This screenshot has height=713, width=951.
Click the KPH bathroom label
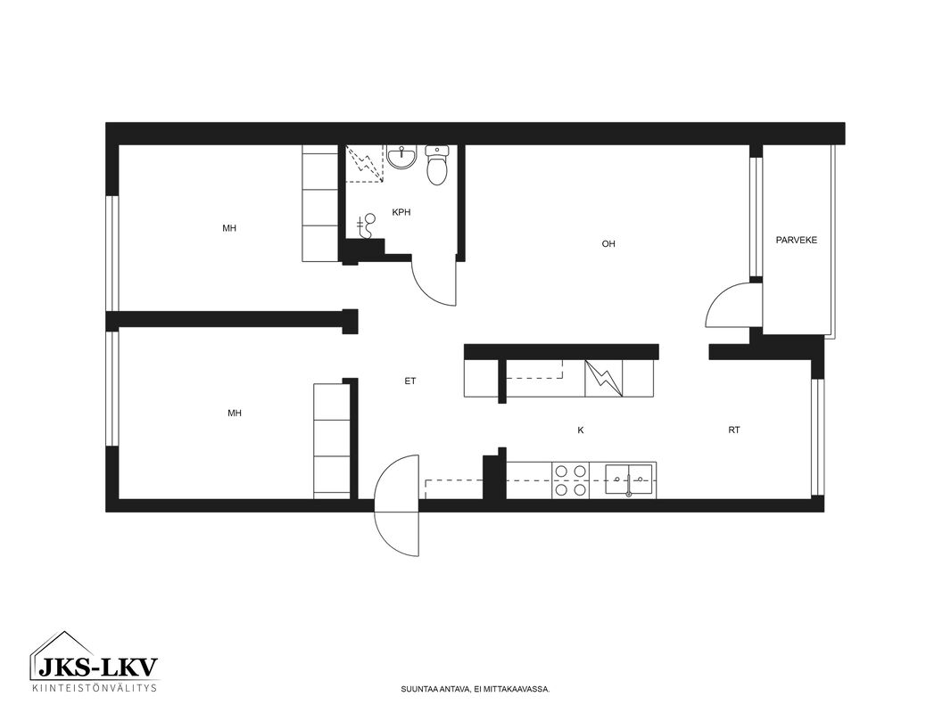pos(401,212)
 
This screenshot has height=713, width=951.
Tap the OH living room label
pos(608,243)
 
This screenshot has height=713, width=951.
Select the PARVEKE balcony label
pos(797,240)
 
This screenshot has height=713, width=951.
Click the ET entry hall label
pos(410,381)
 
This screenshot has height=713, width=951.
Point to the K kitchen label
pos(581,430)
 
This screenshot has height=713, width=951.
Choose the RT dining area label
pos(734,430)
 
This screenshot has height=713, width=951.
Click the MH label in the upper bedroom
pos(229,228)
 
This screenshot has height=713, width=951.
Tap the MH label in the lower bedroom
pos(234,414)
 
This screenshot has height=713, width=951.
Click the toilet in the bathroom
pos(436,165)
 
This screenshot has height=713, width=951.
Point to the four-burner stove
pos(570,480)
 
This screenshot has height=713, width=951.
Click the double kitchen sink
pos(629,480)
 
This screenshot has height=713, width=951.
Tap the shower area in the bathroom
pos(365,163)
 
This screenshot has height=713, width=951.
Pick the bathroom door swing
pos(433,283)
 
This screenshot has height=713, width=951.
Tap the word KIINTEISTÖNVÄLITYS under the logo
pos(95,687)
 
